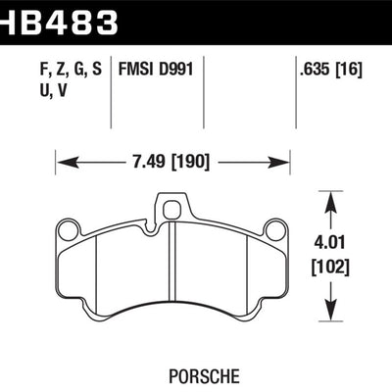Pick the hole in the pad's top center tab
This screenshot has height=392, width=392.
pyautogui.click(x=173, y=207)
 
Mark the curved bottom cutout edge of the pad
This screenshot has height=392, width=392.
pyautogui.click(x=173, y=314)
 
